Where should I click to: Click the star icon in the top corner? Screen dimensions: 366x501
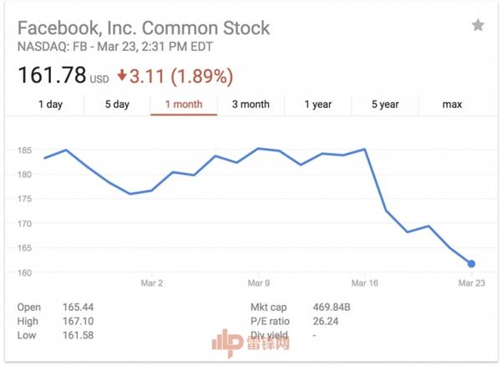(478, 26)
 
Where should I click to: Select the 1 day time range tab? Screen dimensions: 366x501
(50, 104)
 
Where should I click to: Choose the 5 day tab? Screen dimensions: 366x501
(117, 104)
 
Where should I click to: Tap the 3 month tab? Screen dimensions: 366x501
(250, 104)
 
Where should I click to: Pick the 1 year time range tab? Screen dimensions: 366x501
(317, 104)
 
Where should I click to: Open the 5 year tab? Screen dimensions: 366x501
(385, 104)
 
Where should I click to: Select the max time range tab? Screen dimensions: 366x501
(453, 104)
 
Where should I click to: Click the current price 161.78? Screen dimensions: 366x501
(52, 76)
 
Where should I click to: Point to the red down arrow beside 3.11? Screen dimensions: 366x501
(121, 76)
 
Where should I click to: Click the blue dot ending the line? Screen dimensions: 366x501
(472, 264)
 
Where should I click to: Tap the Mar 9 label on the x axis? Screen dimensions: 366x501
(258, 283)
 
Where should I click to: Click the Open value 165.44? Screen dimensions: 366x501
(76, 308)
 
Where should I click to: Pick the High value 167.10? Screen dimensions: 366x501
(76, 321)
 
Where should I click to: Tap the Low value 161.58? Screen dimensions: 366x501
(76, 335)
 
